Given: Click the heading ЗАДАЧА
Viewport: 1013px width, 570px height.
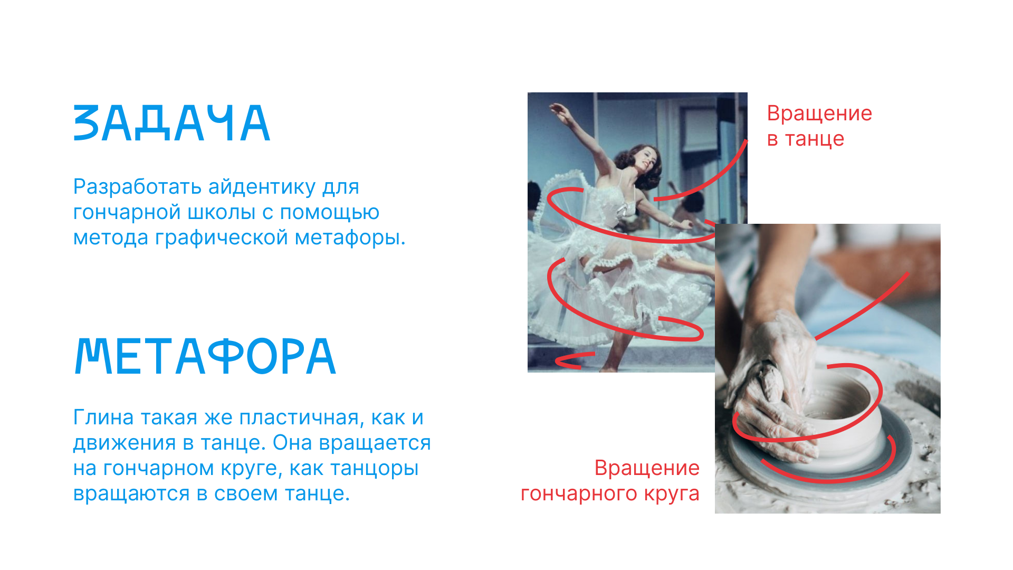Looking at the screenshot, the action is pyautogui.click(x=172, y=124).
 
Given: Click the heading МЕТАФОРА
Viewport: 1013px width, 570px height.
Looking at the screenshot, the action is pyautogui.click(x=205, y=356).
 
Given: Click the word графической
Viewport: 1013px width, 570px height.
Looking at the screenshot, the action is pyautogui.click(x=221, y=237).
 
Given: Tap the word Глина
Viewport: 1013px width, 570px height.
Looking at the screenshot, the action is pyautogui.click(x=103, y=417).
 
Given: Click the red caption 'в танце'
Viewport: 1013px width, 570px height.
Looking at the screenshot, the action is pyautogui.click(x=806, y=139).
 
